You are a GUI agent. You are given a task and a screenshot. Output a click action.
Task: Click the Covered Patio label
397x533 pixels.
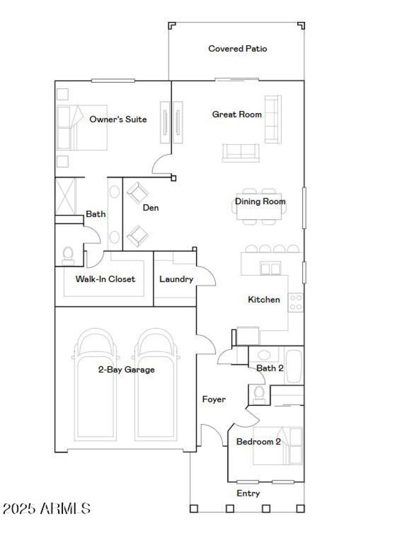click(x=238, y=49)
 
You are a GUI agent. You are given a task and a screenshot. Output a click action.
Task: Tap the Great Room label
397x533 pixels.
click(x=237, y=115)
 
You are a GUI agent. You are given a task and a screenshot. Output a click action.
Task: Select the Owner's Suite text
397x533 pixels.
click(x=118, y=119)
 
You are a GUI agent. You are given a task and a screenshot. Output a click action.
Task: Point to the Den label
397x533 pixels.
click(x=151, y=208)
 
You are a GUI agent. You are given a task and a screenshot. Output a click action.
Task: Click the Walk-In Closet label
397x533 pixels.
click(x=105, y=279)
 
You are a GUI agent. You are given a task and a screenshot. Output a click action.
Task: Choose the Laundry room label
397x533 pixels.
click(x=176, y=279)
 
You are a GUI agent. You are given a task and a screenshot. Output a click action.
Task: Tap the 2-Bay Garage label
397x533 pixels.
click(x=126, y=369)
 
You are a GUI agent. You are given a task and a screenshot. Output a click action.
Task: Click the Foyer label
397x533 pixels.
click(x=214, y=399)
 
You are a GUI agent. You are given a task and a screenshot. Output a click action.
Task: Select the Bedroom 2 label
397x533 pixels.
click(x=259, y=442)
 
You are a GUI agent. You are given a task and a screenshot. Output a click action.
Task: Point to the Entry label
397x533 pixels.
click(x=248, y=493)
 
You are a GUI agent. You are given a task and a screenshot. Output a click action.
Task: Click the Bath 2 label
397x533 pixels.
click(x=270, y=368)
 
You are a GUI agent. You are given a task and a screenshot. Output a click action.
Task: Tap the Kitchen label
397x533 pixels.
click(x=264, y=299)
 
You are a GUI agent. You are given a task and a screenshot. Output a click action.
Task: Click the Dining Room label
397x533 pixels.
click(x=260, y=201)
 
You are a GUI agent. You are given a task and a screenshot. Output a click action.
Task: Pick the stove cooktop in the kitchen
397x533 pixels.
click(x=296, y=302)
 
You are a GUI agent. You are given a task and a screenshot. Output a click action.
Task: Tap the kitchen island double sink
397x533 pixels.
click(x=271, y=269)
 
